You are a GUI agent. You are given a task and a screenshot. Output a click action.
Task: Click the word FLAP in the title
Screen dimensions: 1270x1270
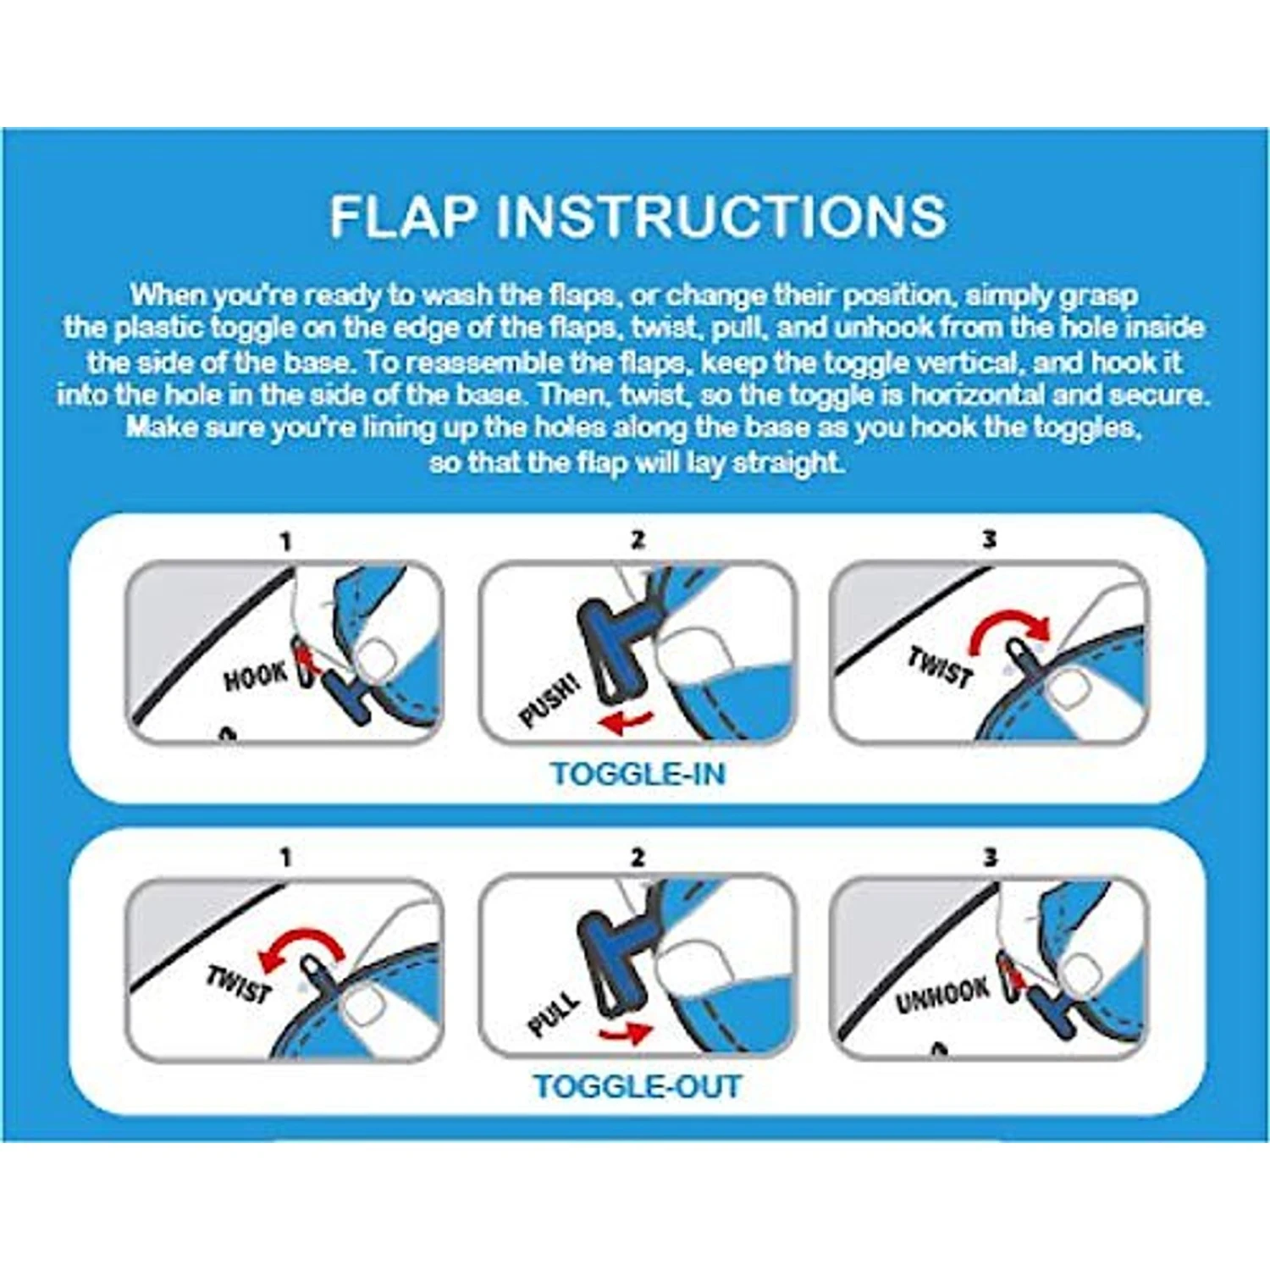pos(403,216)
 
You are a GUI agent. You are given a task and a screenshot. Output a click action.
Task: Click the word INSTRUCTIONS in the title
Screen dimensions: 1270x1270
pos(721,216)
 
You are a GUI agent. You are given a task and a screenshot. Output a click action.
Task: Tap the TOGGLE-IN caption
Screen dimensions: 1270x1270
pos(637,774)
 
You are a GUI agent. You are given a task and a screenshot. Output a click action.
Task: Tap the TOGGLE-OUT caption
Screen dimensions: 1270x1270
pos(637,1086)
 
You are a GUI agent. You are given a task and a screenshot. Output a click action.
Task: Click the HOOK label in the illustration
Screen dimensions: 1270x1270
pos(254,676)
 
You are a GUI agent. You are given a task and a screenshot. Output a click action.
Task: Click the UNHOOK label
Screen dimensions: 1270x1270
pos(942,996)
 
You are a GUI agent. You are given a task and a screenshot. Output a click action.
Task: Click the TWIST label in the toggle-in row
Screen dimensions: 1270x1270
pos(940,665)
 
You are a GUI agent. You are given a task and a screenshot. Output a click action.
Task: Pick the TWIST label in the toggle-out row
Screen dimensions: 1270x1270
pos(239,984)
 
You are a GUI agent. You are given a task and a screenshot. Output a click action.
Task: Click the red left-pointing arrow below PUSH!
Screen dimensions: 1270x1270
pos(625,722)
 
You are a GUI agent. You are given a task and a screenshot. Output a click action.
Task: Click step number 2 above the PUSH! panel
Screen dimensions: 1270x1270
pos(638,539)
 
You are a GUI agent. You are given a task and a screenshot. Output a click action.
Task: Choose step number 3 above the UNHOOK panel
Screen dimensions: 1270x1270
pos(990,857)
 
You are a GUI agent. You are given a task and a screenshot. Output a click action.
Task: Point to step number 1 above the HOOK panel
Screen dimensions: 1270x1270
pos(285,540)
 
